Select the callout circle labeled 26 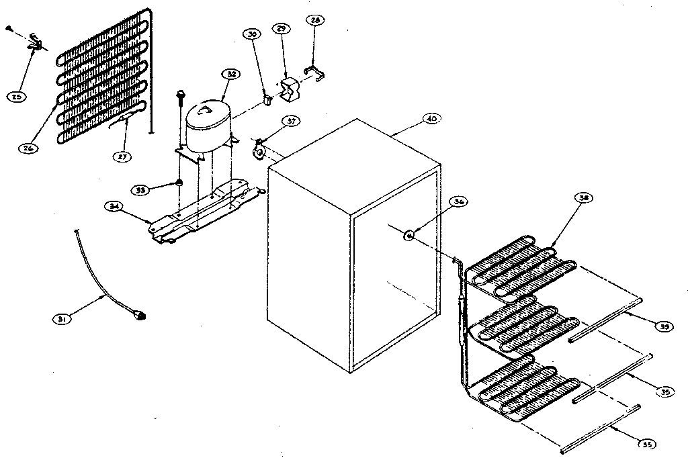point(27,148)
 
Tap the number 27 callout point(122,156)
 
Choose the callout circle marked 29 point(281,29)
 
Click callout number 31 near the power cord point(62,319)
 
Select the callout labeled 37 point(290,122)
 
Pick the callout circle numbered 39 point(665,326)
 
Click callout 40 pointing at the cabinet point(431,119)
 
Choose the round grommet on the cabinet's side point(408,234)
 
